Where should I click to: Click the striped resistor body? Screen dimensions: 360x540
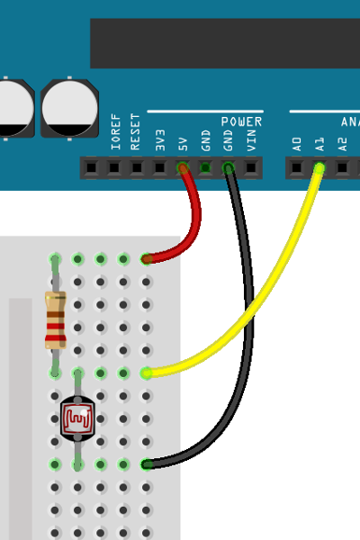55,320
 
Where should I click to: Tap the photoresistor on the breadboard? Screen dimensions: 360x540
77,418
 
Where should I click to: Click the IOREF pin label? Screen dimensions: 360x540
116,131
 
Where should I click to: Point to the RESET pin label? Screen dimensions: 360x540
135,131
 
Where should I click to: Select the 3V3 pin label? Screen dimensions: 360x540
160,140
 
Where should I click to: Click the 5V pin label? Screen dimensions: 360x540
183,144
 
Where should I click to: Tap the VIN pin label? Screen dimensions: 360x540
251,140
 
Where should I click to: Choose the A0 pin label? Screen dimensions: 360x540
297,144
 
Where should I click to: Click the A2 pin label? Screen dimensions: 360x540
342,144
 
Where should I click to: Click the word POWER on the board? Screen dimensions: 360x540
241,121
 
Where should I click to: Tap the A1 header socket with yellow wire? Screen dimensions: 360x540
319,168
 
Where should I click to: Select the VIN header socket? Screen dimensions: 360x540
251,168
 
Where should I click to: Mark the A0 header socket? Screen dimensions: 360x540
297,168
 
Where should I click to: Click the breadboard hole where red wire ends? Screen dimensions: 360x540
146,259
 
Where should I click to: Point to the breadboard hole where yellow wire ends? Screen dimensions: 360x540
146,373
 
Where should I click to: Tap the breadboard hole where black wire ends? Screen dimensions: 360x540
146,464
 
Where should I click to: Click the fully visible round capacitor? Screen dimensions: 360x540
69,108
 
